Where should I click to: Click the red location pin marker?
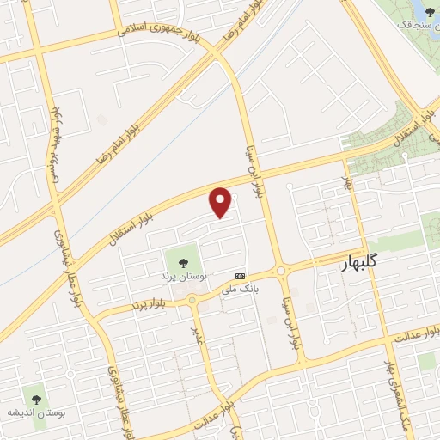pos(222,202)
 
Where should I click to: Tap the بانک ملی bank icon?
pos(240,276)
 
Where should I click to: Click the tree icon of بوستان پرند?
pos(182,262)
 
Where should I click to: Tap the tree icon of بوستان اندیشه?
pos(35,400)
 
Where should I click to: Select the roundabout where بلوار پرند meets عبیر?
pos(191,301)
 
